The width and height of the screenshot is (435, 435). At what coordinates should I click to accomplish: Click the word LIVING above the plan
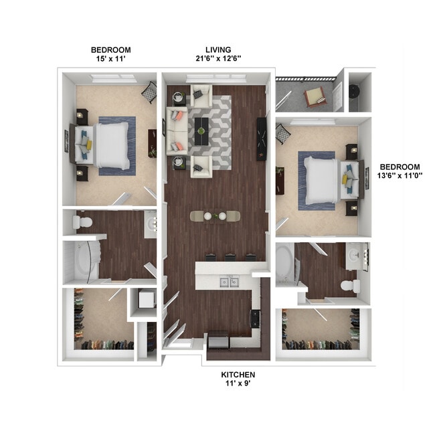(218, 50)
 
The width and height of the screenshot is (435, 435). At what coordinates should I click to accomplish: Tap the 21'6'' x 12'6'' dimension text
(218, 59)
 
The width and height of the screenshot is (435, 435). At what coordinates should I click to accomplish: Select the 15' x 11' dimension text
(111, 59)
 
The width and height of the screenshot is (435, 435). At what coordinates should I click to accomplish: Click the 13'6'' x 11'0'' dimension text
(400, 177)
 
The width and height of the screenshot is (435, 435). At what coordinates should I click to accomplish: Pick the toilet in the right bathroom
(349, 286)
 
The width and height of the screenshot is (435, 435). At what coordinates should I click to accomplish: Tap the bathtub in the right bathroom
(284, 263)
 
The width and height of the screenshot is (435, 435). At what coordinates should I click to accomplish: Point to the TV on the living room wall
(262, 139)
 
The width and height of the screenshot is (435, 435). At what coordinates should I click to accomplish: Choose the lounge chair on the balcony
(314, 98)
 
